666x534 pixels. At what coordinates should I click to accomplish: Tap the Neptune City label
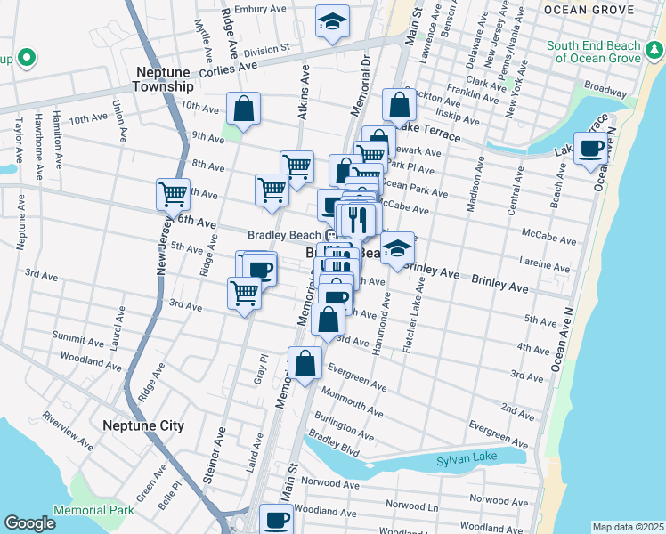142,426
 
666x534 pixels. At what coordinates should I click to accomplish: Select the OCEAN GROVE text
588,10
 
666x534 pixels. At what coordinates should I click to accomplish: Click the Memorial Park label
93,510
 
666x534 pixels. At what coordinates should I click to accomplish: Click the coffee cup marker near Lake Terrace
591,148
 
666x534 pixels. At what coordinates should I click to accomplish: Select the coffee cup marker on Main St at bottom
276,519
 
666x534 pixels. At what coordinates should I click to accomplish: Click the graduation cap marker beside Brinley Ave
397,247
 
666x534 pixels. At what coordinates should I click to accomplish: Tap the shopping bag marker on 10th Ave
243,109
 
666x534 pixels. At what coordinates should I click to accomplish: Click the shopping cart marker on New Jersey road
173,193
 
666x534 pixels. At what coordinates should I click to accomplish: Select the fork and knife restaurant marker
358,219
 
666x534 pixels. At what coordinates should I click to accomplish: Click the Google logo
29,523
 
